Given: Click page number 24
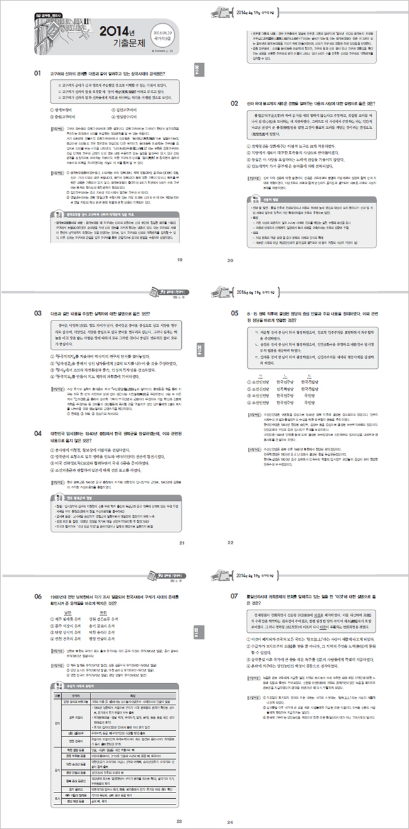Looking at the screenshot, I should pos(230,821).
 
